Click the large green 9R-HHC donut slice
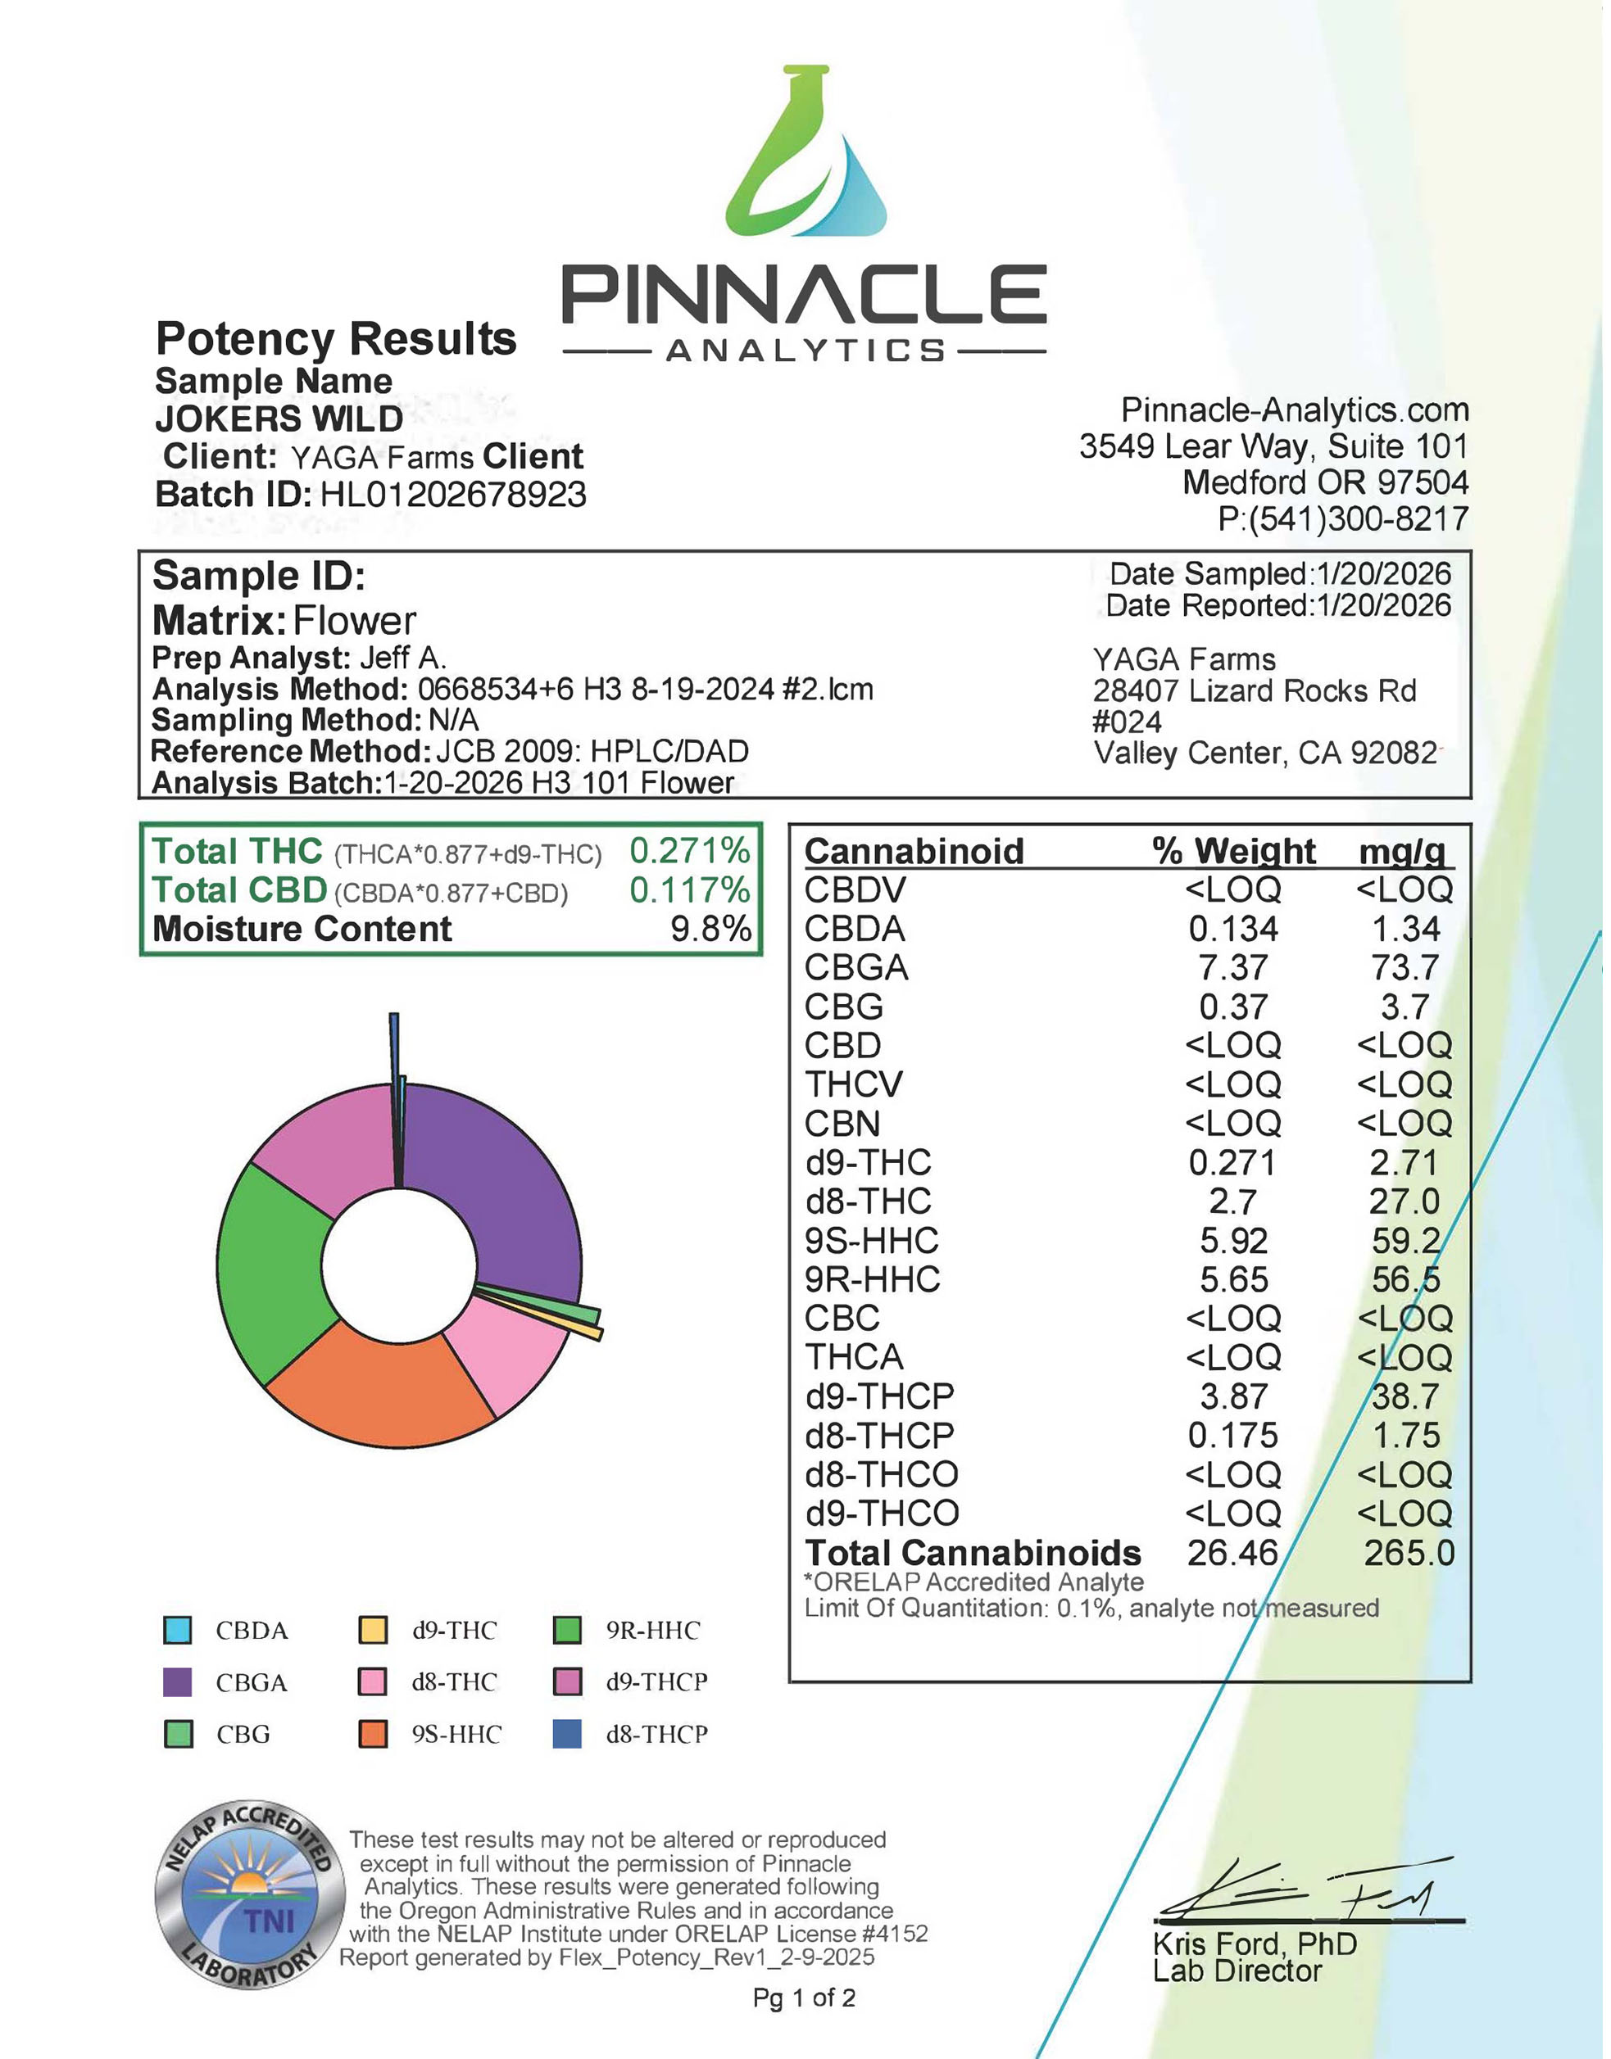(x=274, y=1273)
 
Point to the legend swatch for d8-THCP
(x=567, y=1735)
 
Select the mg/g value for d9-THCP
(x=1405, y=1396)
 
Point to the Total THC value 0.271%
(x=689, y=851)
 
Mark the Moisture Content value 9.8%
(x=710, y=930)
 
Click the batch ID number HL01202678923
(x=453, y=495)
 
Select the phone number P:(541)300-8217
(x=1343, y=518)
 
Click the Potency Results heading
(x=336, y=338)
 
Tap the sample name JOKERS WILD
(x=279, y=419)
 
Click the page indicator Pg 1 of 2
(x=804, y=1998)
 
